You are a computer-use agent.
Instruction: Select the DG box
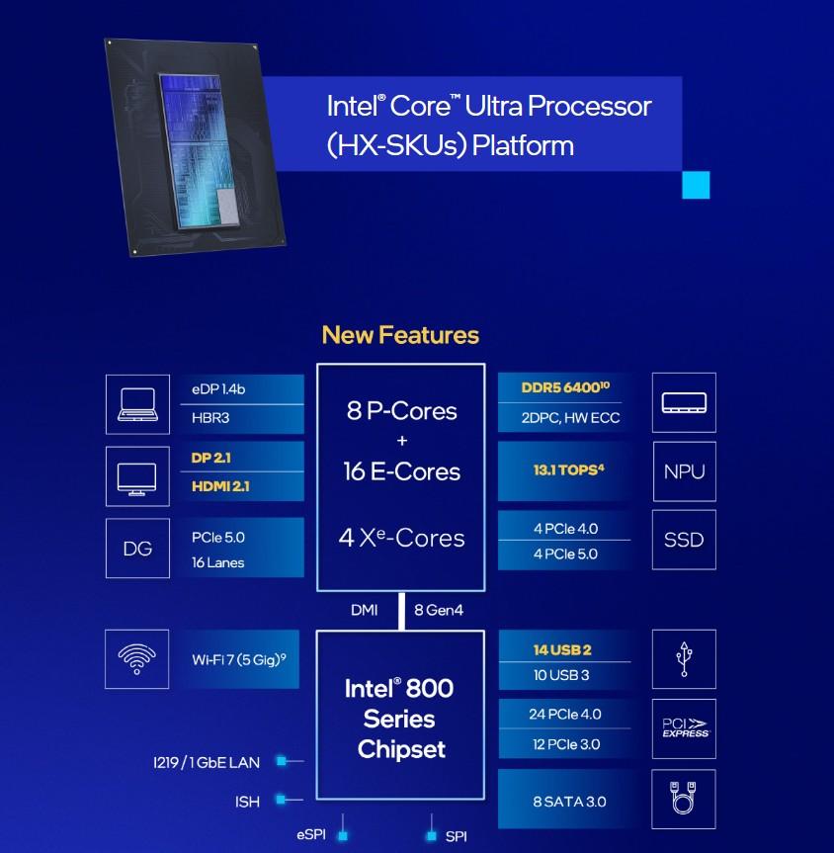point(137,549)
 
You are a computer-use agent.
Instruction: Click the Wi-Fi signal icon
point(136,659)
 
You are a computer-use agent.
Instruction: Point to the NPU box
point(684,471)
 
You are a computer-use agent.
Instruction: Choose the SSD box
point(684,541)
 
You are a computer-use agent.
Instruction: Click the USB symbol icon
point(684,659)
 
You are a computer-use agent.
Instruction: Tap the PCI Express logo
point(684,728)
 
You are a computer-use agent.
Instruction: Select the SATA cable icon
point(684,799)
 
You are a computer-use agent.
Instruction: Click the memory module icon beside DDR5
point(684,403)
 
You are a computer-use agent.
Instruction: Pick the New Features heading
point(400,335)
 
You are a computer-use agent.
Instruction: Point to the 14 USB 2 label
point(562,650)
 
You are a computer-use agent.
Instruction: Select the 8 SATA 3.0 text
point(568,801)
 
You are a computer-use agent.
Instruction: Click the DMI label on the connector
point(364,610)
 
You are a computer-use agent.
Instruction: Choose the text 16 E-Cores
point(401,471)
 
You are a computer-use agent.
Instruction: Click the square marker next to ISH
point(282,799)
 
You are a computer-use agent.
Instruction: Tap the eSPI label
point(311,835)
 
